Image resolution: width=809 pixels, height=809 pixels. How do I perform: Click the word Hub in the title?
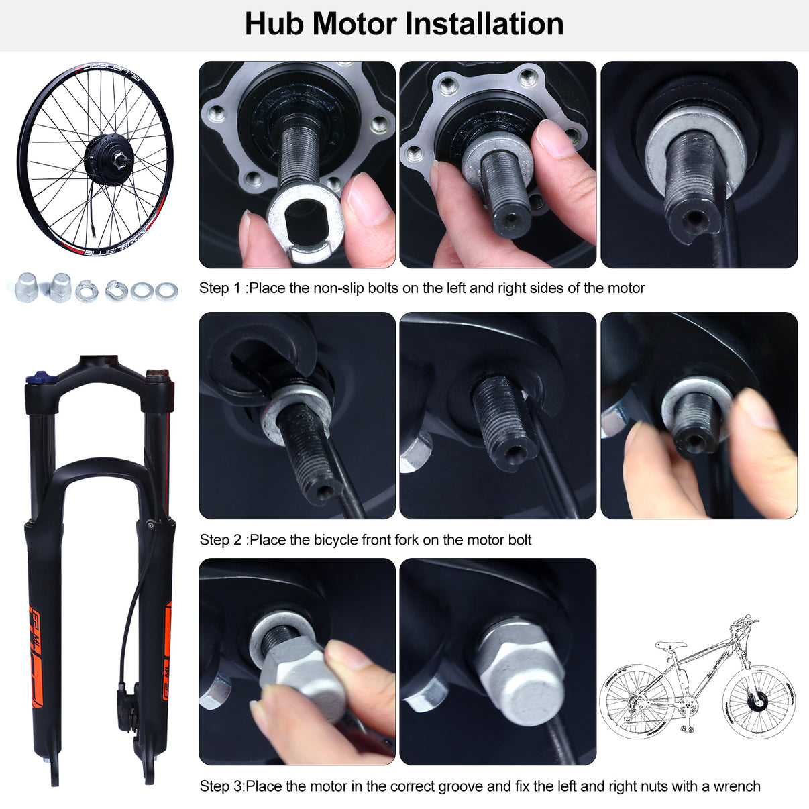point(274,24)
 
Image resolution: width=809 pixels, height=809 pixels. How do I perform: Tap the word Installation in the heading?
point(484,24)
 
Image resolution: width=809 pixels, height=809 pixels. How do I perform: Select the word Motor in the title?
point(354,24)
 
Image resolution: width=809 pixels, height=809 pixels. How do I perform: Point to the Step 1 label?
point(221,288)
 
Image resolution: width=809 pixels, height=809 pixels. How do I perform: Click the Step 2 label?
point(221,540)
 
